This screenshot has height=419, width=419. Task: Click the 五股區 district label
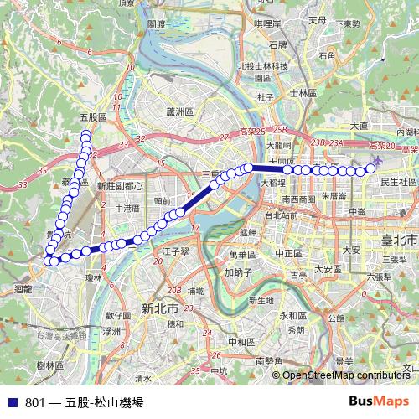click(x=92, y=118)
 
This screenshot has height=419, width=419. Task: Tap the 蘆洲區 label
click(x=180, y=111)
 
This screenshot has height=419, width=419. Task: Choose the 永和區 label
click(x=292, y=315)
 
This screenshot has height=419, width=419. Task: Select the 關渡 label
click(x=157, y=24)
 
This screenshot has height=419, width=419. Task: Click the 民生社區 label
click(x=398, y=181)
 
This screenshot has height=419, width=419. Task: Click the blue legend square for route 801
click(x=11, y=401)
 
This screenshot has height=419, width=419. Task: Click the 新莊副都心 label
click(x=120, y=186)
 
